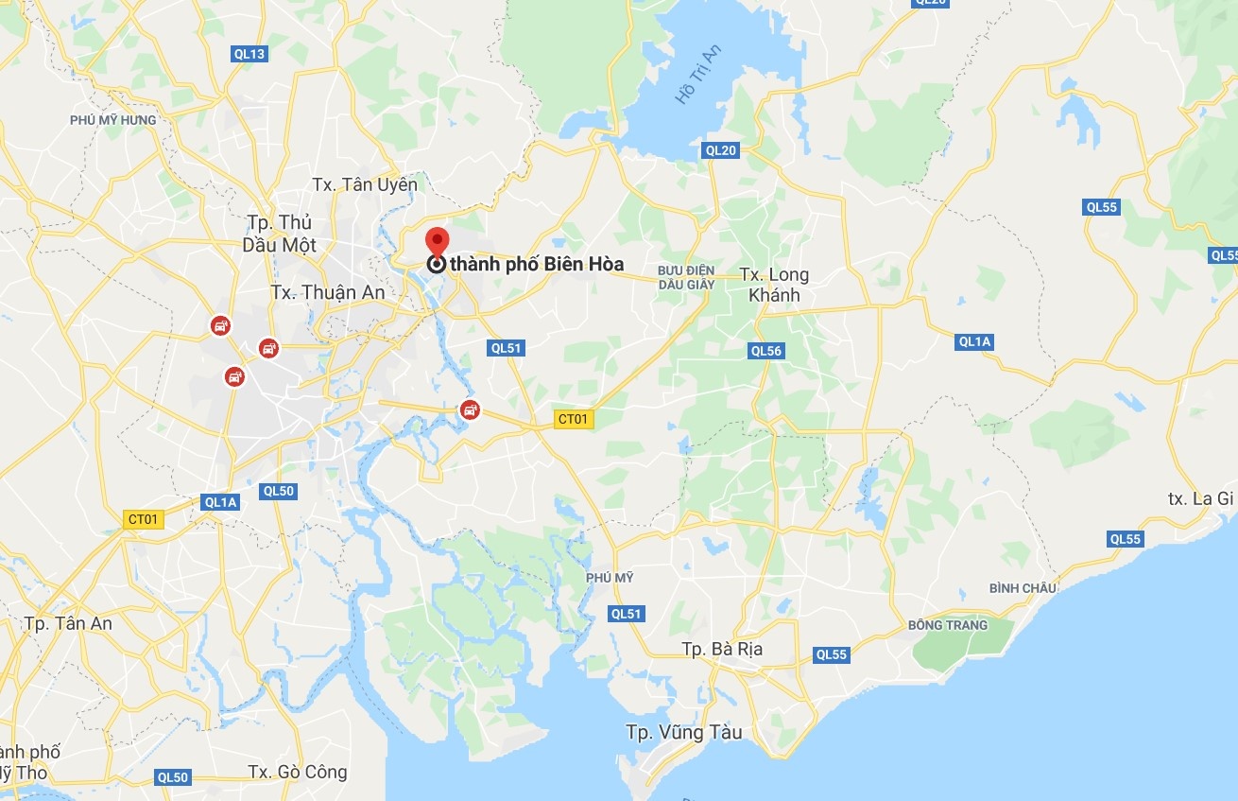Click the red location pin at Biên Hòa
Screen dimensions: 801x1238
(x=436, y=240)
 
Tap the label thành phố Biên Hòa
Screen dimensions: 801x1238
(x=536, y=264)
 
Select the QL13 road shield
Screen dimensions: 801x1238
(x=249, y=54)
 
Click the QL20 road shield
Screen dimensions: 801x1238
(x=720, y=150)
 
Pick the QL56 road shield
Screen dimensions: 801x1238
(x=766, y=351)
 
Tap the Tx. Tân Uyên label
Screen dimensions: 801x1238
(x=365, y=185)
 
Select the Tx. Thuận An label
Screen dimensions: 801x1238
(x=327, y=292)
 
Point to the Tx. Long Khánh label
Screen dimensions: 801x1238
(x=774, y=285)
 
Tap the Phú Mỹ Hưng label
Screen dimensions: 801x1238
(x=112, y=120)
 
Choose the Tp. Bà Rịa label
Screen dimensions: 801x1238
(x=722, y=650)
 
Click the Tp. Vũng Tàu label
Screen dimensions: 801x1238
(x=683, y=732)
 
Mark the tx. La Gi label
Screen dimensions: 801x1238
(x=1200, y=498)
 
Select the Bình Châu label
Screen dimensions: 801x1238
(x=1023, y=588)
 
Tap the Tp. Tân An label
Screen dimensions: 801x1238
(x=68, y=623)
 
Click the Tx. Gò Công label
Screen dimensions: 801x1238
(x=298, y=772)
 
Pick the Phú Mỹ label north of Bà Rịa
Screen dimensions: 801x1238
(x=610, y=578)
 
